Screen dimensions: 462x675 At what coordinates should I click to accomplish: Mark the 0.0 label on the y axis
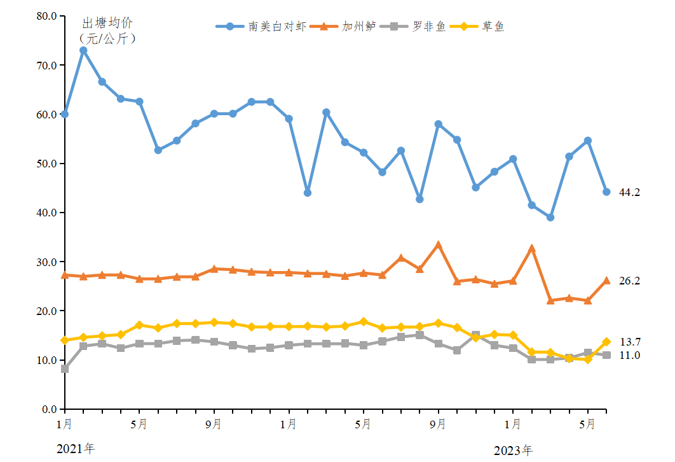tap(47, 409)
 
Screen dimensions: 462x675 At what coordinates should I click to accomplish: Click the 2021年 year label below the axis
tap(75, 449)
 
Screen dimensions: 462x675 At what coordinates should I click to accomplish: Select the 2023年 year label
tap(513, 451)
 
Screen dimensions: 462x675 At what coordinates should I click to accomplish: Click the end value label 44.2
tap(629, 192)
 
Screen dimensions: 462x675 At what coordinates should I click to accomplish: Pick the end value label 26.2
tap(629, 281)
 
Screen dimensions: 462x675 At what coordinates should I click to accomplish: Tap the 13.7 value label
tap(629, 342)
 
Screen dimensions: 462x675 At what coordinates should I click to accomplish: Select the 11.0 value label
tap(629, 355)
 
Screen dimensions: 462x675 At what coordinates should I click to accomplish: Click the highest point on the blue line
tap(83, 50)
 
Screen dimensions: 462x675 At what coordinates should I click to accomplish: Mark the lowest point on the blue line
tap(550, 218)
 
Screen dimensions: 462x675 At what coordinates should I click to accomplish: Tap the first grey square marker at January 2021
tap(65, 368)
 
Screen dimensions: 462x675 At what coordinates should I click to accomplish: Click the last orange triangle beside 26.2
tap(606, 281)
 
